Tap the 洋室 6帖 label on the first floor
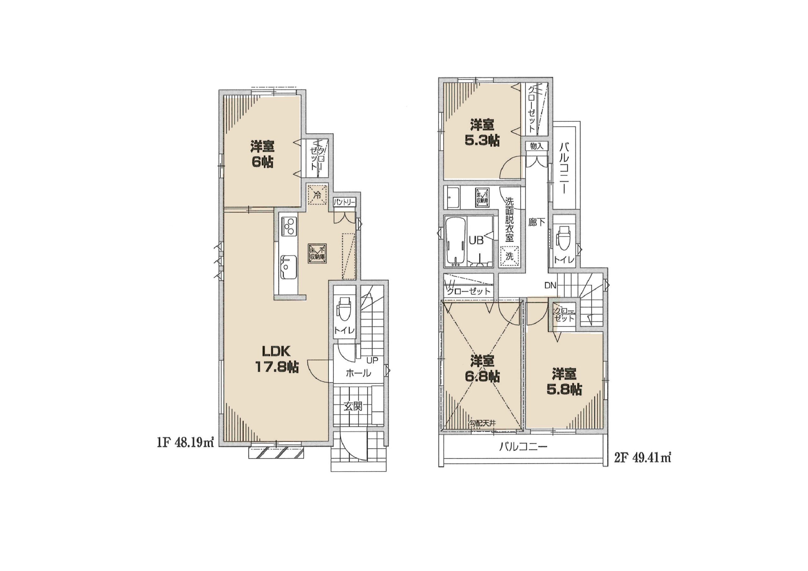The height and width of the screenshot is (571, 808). (x=262, y=154)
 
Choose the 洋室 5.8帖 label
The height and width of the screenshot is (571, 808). (x=564, y=382)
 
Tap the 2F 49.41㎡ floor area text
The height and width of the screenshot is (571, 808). (x=642, y=458)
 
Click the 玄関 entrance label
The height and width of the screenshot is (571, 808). (x=353, y=407)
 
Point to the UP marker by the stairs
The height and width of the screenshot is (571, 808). (x=372, y=361)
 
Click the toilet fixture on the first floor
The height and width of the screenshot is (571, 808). (x=343, y=309)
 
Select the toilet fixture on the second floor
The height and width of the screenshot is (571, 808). (x=563, y=238)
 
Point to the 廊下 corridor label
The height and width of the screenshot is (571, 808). (x=537, y=222)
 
